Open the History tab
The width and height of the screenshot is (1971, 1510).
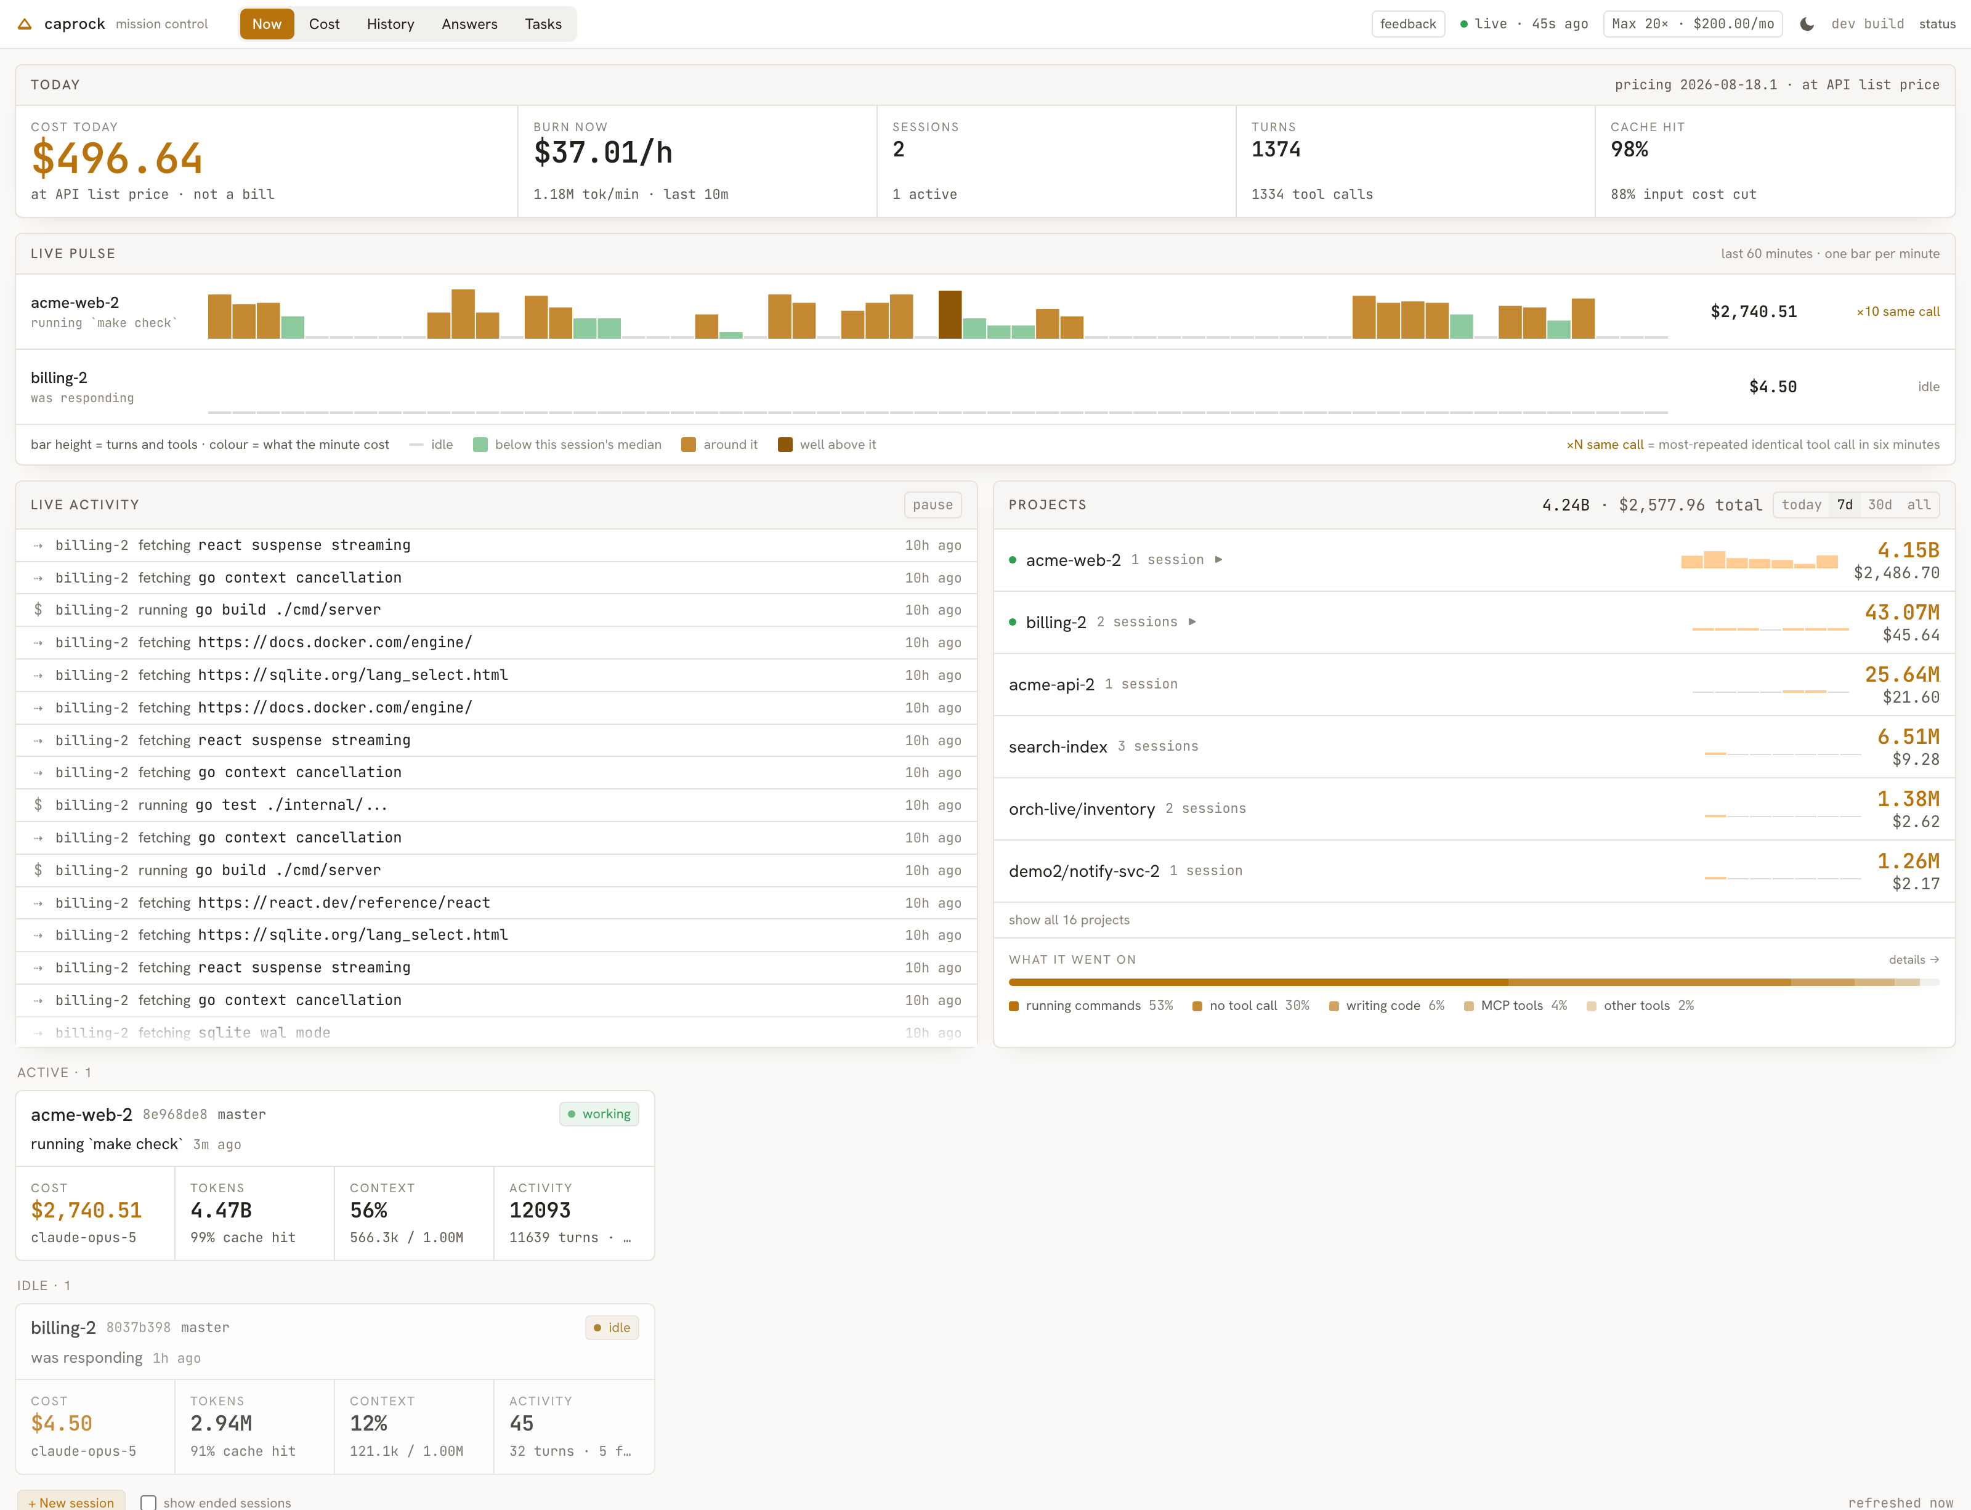coord(390,24)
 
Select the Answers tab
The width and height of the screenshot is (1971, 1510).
coord(469,24)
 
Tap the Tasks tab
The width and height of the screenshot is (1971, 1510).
coord(543,24)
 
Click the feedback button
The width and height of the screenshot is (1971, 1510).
coord(1407,24)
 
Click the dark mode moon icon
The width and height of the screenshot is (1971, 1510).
coord(1807,24)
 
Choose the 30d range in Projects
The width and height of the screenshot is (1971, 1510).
coord(1879,505)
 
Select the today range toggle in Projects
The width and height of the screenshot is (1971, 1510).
coord(1801,505)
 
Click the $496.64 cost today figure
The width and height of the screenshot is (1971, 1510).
coord(117,159)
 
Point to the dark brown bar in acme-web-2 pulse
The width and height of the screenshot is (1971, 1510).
coord(950,315)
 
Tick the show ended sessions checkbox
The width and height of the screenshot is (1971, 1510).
coord(148,1503)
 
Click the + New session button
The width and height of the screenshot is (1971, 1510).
coord(71,1502)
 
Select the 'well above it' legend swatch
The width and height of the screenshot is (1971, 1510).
coord(785,445)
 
